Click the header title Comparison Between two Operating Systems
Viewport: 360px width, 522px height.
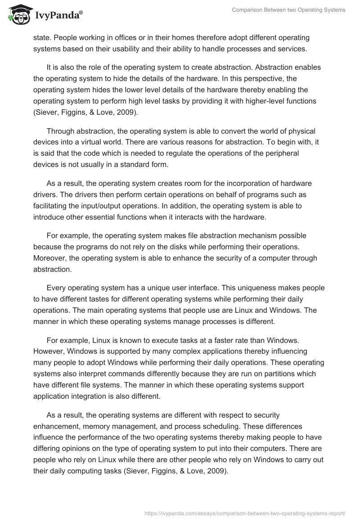(x=288, y=10)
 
